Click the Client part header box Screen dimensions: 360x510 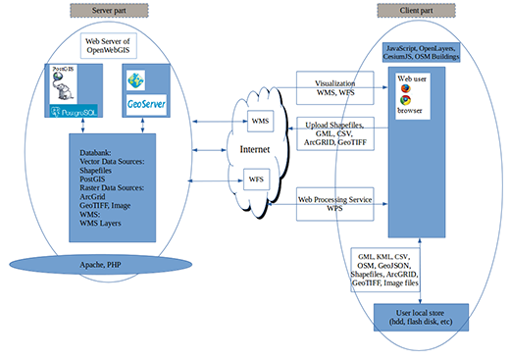406,12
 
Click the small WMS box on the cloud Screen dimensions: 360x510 261,122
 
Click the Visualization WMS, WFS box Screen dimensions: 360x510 331,87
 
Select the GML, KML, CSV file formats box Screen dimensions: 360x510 386,269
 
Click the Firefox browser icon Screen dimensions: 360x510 404,88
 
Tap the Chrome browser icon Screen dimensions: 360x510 404,103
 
